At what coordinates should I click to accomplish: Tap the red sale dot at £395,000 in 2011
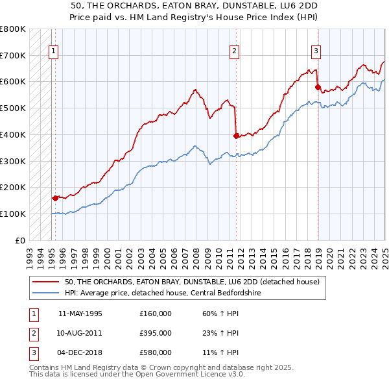click(x=236, y=136)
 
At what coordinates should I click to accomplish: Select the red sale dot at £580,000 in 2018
click(x=318, y=87)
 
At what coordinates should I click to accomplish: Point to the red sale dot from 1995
click(x=55, y=198)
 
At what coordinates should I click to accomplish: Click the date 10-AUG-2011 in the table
click(x=80, y=333)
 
